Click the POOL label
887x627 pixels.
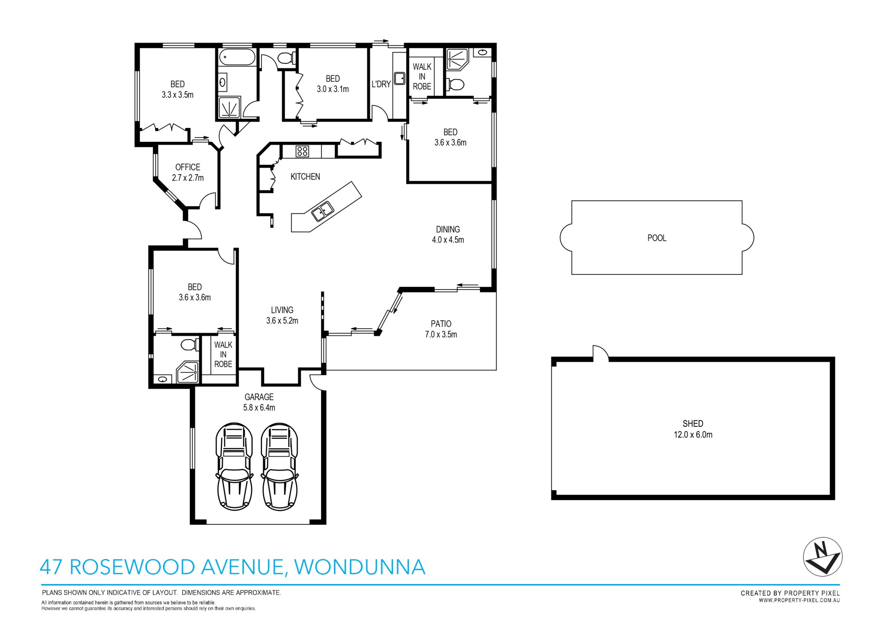point(656,238)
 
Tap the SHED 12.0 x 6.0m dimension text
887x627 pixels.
point(693,435)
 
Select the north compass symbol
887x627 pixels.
point(822,557)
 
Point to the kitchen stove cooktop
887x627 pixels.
point(302,151)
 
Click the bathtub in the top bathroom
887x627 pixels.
point(236,58)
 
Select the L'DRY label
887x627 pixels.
point(381,84)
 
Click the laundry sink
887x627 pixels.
point(400,78)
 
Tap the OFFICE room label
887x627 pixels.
point(188,167)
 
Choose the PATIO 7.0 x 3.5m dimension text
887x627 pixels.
point(441,335)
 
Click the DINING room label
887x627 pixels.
point(448,229)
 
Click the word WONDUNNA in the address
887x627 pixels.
point(359,567)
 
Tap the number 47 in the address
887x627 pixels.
point(51,567)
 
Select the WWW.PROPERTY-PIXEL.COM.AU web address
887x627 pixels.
point(799,600)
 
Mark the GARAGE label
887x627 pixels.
point(259,397)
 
